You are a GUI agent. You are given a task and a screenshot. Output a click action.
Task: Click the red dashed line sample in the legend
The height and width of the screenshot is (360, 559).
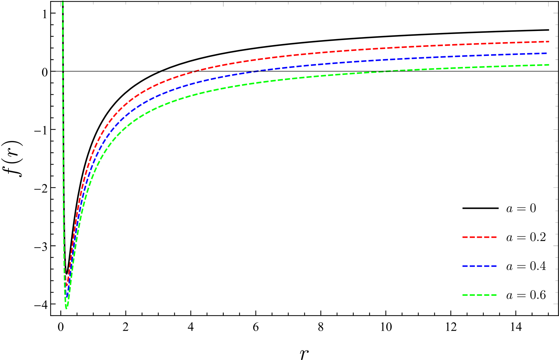479,237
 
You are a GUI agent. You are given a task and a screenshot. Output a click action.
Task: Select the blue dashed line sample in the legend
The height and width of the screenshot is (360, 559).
479,266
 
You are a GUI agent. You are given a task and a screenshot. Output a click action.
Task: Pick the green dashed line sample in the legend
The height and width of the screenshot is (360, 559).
479,295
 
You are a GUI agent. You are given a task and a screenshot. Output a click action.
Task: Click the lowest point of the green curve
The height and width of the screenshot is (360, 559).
66,308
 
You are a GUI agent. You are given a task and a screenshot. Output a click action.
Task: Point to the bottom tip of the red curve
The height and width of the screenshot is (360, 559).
67,286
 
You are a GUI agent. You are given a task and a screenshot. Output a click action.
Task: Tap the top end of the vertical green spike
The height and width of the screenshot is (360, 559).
63,1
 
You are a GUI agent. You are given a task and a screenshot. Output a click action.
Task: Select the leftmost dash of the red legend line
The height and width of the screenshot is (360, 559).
465,237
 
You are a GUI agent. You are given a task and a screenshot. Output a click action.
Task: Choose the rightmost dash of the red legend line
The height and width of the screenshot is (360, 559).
494,237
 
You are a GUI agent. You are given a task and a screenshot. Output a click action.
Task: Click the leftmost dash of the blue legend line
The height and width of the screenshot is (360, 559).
465,266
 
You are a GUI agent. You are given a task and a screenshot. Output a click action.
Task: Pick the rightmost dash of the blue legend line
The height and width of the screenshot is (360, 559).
494,266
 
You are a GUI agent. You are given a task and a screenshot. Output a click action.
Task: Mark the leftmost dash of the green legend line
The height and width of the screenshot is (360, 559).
465,295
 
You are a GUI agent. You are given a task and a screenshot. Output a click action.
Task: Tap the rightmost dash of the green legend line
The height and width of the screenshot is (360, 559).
494,295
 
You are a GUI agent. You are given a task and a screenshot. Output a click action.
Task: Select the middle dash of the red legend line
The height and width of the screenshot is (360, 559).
480,237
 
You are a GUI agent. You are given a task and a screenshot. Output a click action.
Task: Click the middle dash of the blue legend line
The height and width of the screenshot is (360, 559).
480,266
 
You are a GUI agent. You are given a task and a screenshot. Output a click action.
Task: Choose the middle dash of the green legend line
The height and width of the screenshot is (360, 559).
480,295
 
